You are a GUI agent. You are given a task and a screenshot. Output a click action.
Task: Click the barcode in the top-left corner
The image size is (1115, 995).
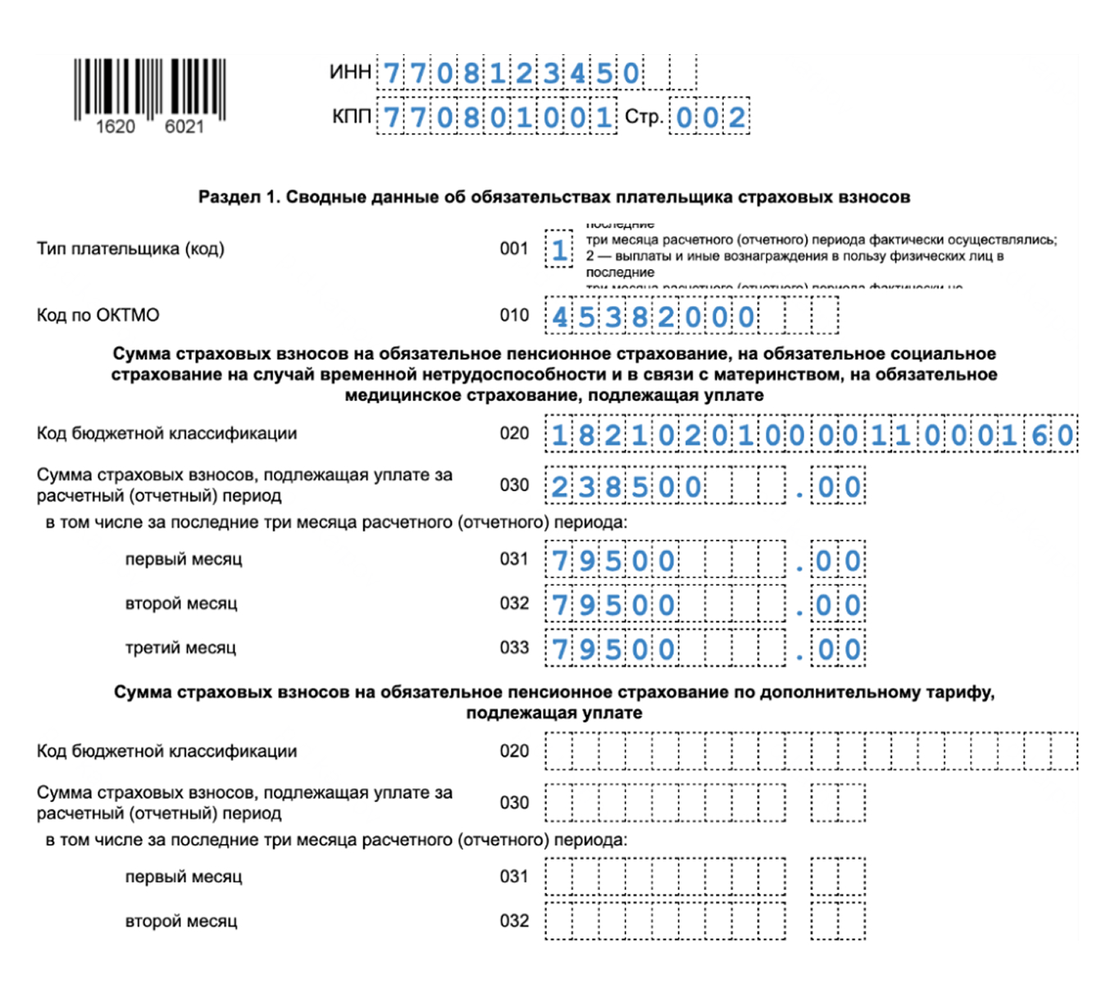[149, 87]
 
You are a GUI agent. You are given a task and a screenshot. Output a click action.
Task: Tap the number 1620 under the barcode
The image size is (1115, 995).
[115, 126]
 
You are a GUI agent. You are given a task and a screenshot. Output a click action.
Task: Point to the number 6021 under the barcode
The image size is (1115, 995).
[184, 126]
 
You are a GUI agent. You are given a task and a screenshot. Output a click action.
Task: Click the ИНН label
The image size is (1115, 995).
[351, 72]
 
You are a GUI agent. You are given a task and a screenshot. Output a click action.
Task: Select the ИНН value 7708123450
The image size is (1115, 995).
[511, 74]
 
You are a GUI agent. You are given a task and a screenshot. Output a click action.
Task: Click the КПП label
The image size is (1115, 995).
[351, 117]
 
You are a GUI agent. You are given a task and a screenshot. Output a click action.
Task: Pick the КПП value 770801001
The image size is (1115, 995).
[498, 117]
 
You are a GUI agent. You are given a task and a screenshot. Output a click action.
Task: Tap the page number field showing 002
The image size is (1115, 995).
[710, 117]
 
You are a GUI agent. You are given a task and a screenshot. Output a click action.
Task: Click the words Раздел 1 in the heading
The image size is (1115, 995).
[238, 197]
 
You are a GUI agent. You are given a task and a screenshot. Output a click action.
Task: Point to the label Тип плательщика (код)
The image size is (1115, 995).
[130, 249]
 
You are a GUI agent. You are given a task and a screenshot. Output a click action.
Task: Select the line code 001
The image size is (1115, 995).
[514, 249]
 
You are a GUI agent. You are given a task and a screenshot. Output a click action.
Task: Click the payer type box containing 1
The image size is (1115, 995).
[559, 249]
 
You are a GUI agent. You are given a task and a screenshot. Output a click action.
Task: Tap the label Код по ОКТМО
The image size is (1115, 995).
[98, 315]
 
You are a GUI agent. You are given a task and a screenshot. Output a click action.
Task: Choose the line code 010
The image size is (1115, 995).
[514, 315]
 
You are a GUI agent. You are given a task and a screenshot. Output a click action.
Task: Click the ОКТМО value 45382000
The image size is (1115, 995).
[653, 317]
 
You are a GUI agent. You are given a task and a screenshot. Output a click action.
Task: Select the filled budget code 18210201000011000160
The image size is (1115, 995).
[811, 435]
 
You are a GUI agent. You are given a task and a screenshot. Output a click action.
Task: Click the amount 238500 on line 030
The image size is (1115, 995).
[626, 487]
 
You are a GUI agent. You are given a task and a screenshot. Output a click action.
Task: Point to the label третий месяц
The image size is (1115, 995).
[180, 648]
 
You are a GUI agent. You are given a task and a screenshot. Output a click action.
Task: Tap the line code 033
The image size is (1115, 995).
[514, 648]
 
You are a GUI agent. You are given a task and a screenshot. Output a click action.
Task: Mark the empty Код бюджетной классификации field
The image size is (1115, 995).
[811, 751]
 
